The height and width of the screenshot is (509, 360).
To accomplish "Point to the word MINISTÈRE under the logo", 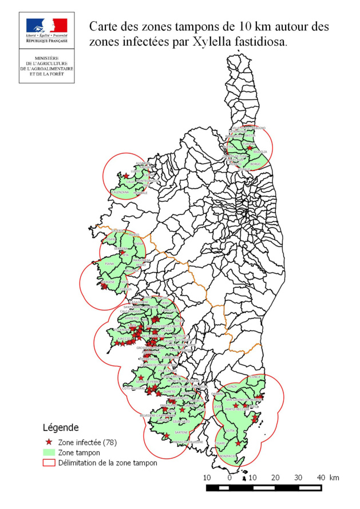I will pyautogui.click(x=46, y=58).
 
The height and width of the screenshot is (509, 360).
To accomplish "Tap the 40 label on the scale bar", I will pyautogui.click(x=321, y=477).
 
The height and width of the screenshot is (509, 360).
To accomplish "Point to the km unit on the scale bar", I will pyautogui.click(x=335, y=477).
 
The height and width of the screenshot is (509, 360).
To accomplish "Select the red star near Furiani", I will pyautogui.click(x=249, y=148).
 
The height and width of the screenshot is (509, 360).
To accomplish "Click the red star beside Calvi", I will pyautogui.click(x=126, y=176).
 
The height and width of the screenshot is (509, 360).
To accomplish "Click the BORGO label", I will pyautogui.click(x=255, y=164).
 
